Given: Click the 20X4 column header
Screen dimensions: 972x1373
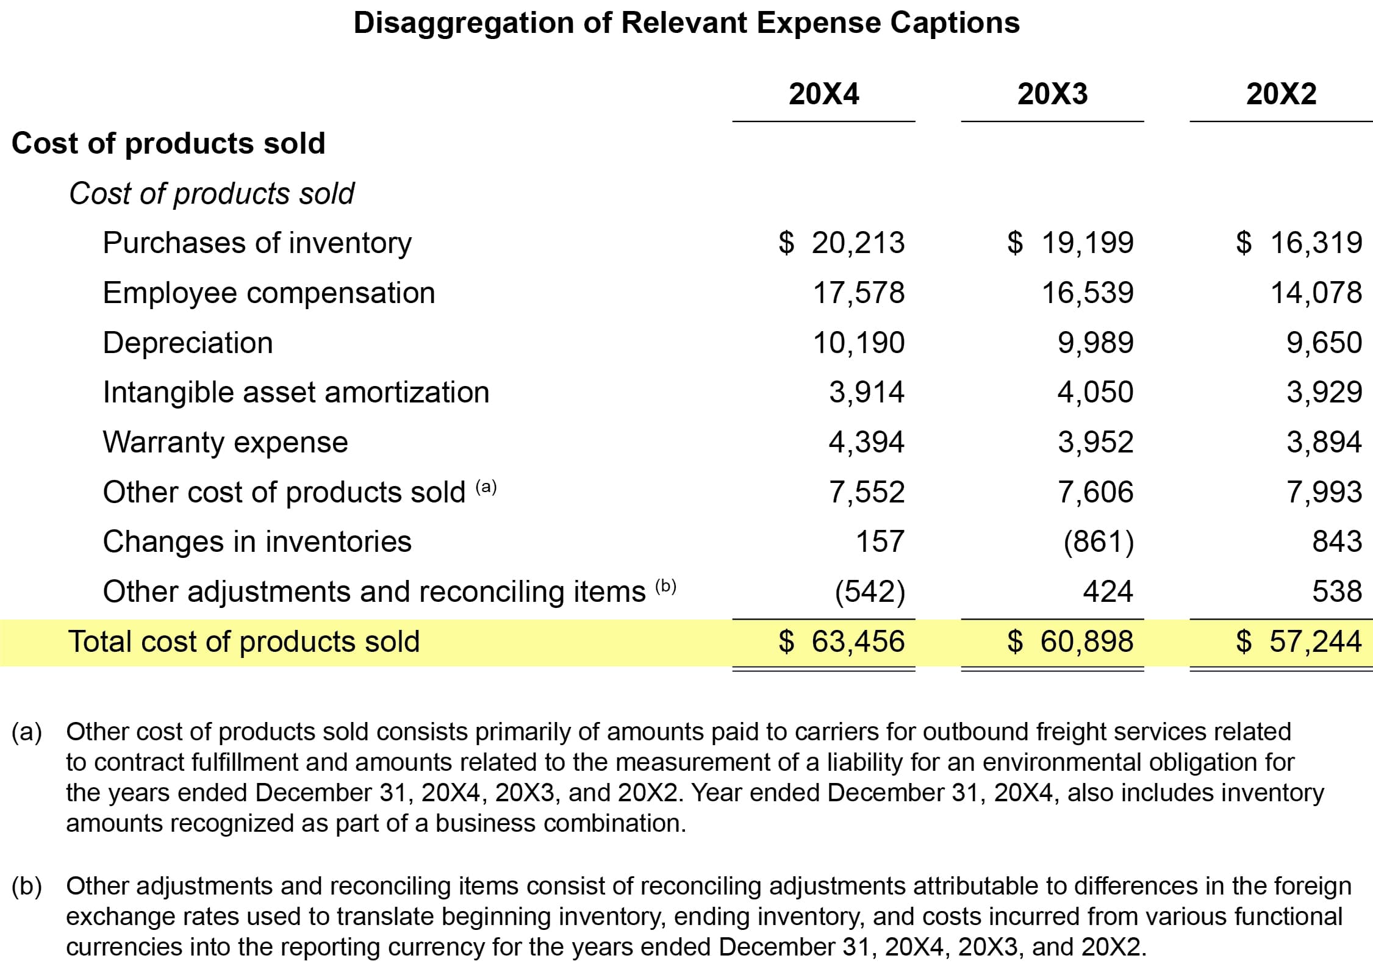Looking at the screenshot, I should (823, 95).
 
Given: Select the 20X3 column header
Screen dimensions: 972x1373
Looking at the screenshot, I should (1052, 95).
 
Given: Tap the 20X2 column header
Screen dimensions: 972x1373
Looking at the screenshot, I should (1281, 95).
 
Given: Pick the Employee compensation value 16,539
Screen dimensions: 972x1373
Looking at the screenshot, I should (1088, 293).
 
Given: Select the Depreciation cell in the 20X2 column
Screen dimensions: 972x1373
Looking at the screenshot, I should (1324, 343).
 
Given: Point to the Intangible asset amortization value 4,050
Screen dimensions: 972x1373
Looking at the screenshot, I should (1095, 392).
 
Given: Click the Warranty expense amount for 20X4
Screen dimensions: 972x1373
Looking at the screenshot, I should (866, 442).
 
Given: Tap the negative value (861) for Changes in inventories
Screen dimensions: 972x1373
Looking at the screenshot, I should (1099, 541).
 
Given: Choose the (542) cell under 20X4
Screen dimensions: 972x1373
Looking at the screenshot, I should (870, 591).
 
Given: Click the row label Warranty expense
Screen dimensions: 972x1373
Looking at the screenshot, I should (225, 442).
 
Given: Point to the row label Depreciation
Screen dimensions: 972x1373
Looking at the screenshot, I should (188, 343).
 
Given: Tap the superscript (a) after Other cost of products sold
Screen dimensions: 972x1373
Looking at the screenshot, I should (486, 487).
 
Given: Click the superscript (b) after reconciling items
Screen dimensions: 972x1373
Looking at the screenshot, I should (665, 586).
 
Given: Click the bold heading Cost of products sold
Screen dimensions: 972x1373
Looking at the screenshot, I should (168, 144).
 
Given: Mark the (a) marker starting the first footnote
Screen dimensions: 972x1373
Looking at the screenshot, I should (27, 732).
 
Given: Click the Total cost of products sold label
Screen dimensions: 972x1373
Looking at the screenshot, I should (244, 641).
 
